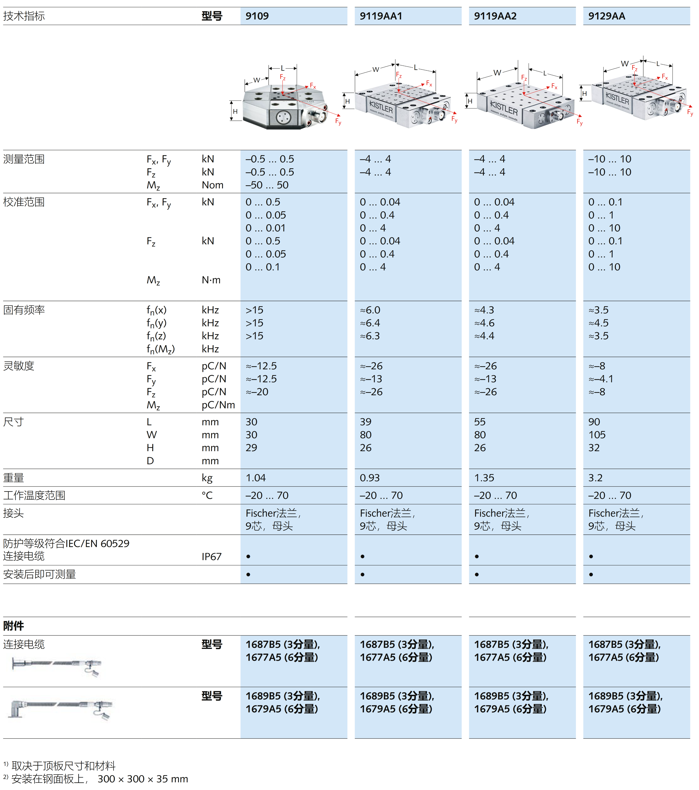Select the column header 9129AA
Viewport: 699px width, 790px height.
pyautogui.click(x=606, y=16)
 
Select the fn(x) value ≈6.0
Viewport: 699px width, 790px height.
pyautogui.click(x=370, y=310)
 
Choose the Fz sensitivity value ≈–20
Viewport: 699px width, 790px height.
pyautogui.click(x=257, y=392)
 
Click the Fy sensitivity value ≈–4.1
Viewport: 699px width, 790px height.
pyautogui.click(x=601, y=379)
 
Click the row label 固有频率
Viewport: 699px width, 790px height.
pyautogui.click(x=24, y=310)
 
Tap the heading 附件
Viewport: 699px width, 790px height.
pyautogui.click(x=14, y=626)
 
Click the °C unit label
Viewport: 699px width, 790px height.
pyautogui.click(x=207, y=495)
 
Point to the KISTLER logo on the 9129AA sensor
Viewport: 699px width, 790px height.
pyautogui.click(x=617, y=99)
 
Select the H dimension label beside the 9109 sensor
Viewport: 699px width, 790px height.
pyautogui.click(x=235, y=111)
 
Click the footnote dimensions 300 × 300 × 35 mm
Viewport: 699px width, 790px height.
pyautogui.click(x=143, y=779)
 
